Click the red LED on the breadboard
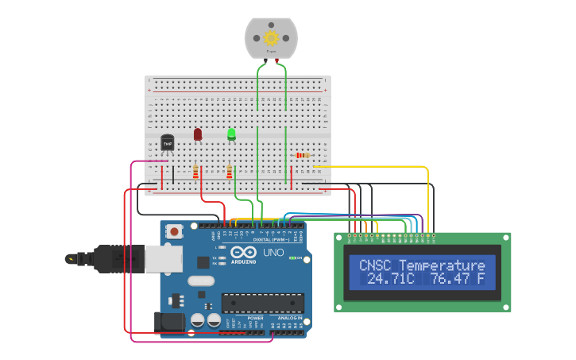[198, 134]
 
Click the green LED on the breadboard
[231, 134]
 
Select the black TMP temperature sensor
[167, 142]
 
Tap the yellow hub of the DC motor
[271, 37]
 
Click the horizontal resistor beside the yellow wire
[303, 156]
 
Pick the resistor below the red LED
[196, 172]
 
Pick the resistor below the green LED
[230, 172]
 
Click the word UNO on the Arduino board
[273, 252]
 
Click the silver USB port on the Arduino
[164, 258]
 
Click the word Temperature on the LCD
[442, 265]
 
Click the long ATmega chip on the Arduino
[262, 302]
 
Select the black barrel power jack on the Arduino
[168, 322]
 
